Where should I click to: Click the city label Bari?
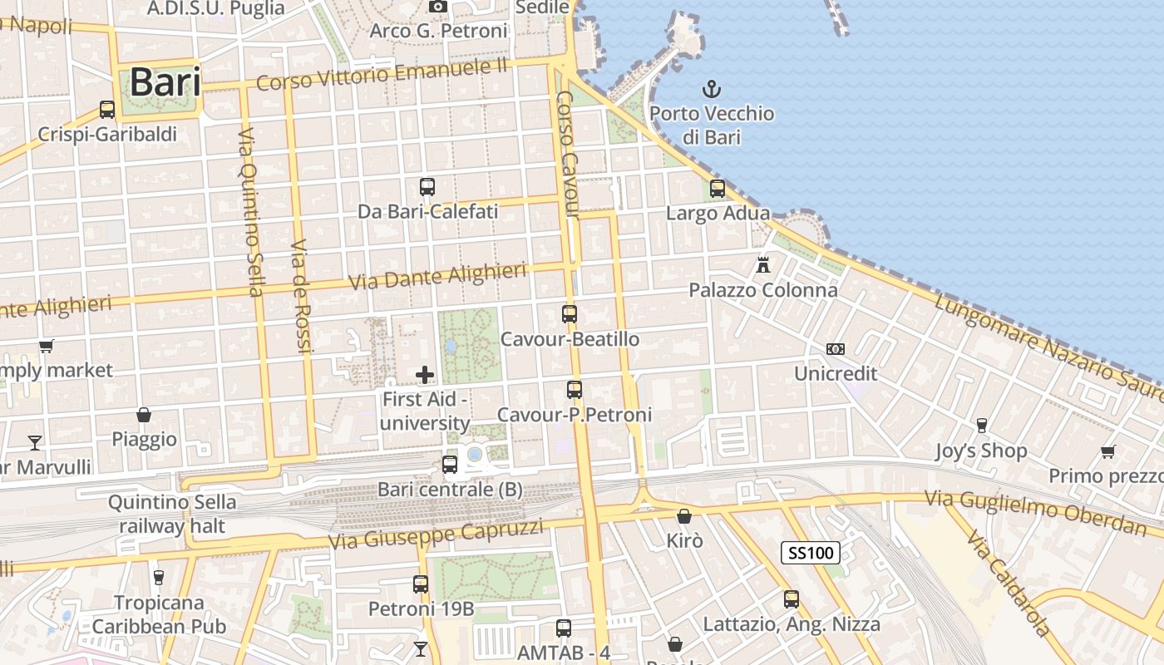pos(165,82)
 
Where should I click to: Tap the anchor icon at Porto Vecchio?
pos(711,88)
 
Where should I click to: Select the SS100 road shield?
pos(811,552)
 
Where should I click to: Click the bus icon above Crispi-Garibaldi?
pos(107,109)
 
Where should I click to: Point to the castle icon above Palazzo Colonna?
pos(763,265)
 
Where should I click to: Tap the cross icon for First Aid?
pos(425,375)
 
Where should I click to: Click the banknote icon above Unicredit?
pos(836,349)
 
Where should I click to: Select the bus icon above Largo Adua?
pos(718,189)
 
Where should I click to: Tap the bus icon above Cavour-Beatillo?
pos(570,314)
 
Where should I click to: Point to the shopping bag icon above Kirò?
pos(684,516)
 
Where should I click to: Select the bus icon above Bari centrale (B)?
pos(450,465)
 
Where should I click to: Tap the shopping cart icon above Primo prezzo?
pos(1107,451)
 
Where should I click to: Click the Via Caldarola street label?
pos(1008,582)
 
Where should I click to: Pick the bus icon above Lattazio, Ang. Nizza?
pos(792,598)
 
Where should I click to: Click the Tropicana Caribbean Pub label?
pos(159,614)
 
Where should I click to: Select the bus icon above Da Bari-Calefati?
pos(427,187)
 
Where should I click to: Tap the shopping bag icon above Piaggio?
pos(144,414)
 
